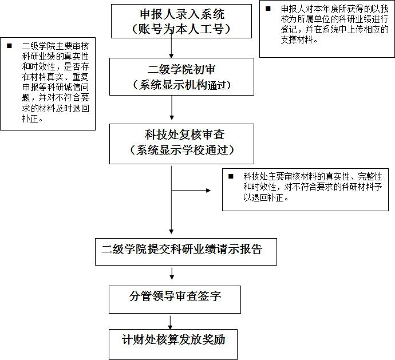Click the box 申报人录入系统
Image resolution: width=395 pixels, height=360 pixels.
click(x=181, y=21)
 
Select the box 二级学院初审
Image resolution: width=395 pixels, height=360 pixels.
click(x=181, y=77)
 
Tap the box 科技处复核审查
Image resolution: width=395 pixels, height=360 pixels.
click(x=181, y=144)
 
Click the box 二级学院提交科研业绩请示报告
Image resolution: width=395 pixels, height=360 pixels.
click(x=186, y=252)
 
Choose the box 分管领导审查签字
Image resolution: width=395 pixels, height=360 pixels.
click(x=175, y=299)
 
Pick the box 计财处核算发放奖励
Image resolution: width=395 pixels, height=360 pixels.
click(x=173, y=345)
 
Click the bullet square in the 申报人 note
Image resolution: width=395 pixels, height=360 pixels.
click(x=268, y=9)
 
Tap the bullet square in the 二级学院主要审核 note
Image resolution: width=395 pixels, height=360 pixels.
click(x=9, y=46)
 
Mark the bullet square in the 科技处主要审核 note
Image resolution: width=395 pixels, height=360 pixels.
click(x=231, y=176)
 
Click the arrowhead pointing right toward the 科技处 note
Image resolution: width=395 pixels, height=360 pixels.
click(x=208, y=191)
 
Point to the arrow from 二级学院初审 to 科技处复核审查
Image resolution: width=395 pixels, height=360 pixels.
click(x=172, y=108)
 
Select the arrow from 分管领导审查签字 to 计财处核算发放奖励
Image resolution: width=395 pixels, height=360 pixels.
click(x=170, y=322)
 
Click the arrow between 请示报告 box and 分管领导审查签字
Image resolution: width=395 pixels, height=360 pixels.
click(x=172, y=274)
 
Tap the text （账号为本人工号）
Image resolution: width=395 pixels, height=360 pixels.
click(x=181, y=29)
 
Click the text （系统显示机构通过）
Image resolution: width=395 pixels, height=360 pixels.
click(x=181, y=85)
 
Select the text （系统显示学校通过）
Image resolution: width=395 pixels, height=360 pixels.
click(x=181, y=150)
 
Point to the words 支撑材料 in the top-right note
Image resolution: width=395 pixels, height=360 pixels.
click(x=297, y=40)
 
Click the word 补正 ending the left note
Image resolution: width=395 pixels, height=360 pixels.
click(x=30, y=118)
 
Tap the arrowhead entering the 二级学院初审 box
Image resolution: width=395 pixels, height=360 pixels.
click(x=171, y=56)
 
